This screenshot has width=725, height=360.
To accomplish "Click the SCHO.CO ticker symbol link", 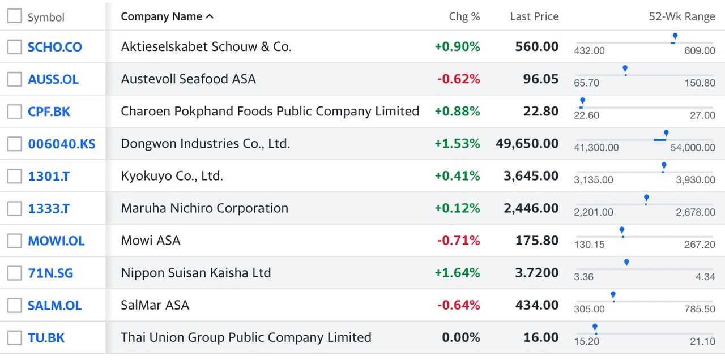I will coord(55,47).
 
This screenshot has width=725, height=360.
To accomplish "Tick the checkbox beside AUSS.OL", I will coord(15,79).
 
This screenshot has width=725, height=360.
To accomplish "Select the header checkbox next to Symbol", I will coord(15,16).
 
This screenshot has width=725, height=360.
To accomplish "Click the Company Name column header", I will coord(161,16).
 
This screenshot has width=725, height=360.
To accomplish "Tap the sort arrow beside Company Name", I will coord(210,16).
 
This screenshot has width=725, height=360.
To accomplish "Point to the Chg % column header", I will coord(464,16).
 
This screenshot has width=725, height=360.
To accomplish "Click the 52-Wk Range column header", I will coord(681,16).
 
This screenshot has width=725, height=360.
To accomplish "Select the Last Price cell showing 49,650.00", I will coord(527,144).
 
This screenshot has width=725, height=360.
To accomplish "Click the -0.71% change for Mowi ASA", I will coord(458,241).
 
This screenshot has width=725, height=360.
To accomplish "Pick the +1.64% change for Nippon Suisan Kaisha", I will coord(457,273).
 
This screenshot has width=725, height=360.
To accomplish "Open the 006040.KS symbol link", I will coord(62,144).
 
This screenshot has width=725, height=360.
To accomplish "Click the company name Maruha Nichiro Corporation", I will coord(204,208).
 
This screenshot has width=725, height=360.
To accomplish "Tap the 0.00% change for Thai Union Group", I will coord(461,337).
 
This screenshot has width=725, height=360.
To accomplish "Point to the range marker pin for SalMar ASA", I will coord(613,295).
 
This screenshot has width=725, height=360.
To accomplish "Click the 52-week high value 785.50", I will coord(700,309).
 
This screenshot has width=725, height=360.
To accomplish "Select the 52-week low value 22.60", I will coord(586,115).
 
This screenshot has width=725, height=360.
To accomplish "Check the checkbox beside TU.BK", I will coord(15,338).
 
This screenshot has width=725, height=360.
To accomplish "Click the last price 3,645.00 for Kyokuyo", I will coord(531,176).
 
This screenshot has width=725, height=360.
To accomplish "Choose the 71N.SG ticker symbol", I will coord(50,273).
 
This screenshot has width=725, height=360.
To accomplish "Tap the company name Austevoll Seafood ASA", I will coord(188,79).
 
